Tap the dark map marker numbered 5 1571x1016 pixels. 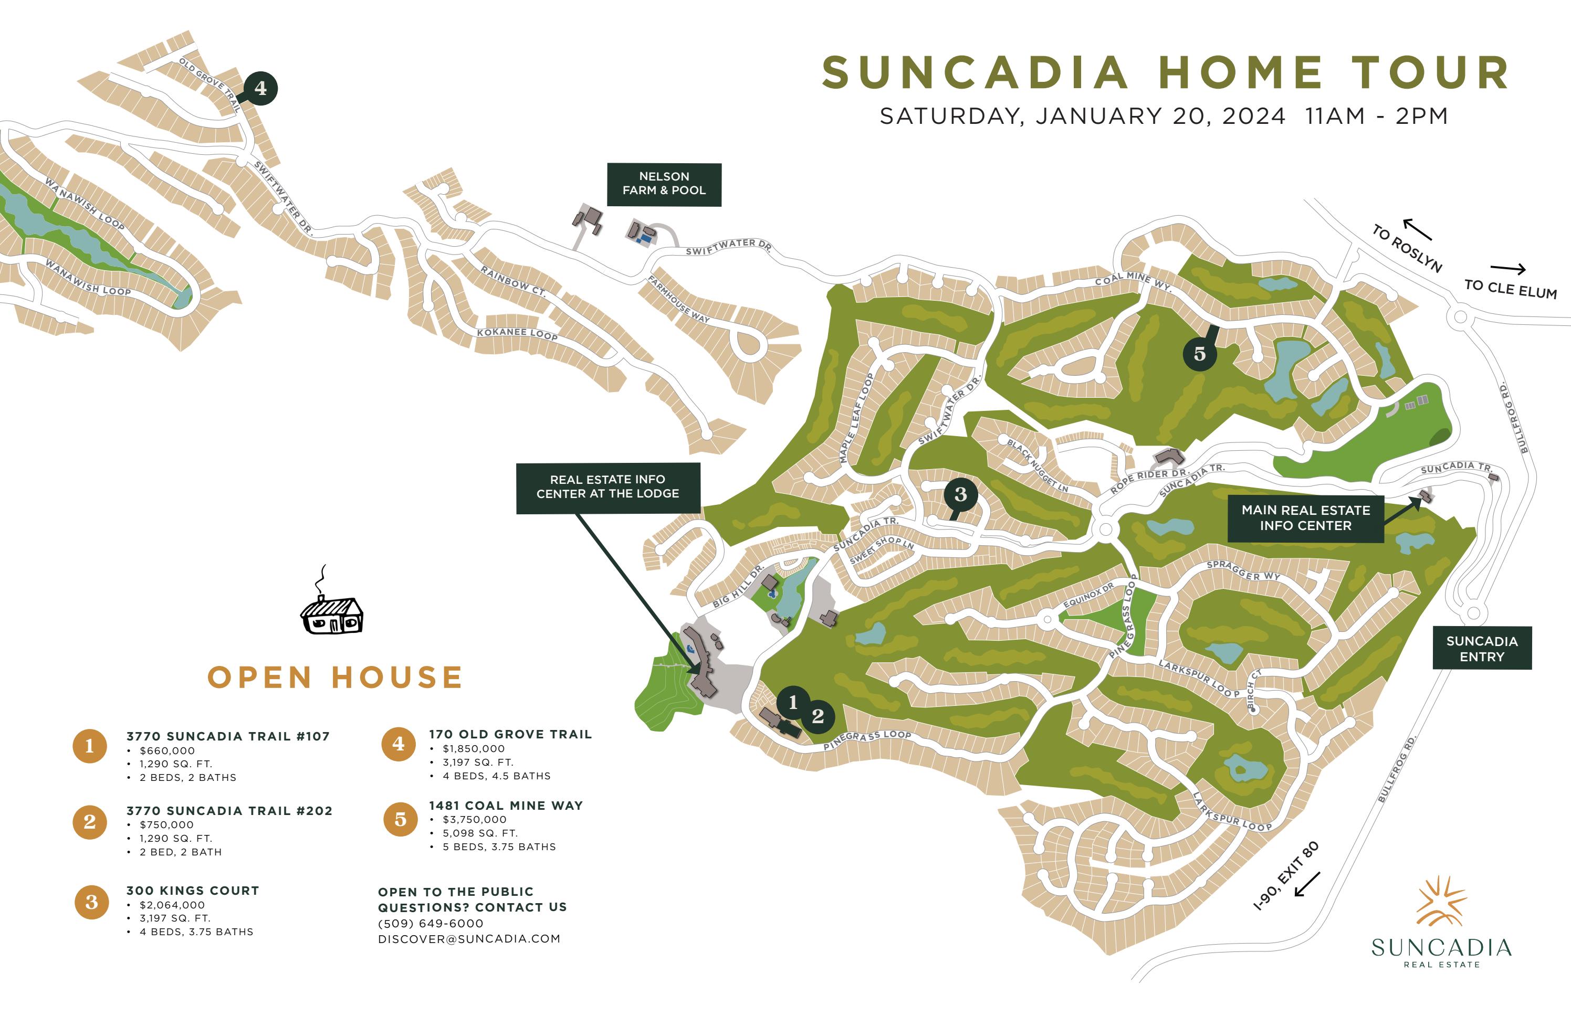pyautogui.click(x=1199, y=354)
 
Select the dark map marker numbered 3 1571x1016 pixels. pyautogui.click(x=960, y=494)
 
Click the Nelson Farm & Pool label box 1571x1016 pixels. pyautogui.click(x=664, y=184)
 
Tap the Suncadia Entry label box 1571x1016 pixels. pyautogui.click(x=1482, y=649)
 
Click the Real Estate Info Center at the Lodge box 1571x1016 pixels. pyautogui.click(x=608, y=487)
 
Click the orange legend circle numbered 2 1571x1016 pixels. pyautogui.click(x=90, y=822)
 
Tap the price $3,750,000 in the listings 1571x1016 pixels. pyautogui.click(x=474, y=819)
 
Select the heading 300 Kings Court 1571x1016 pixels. pyautogui.click(x=193, y=891)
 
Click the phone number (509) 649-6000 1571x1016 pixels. pyautogui.click(x=431, y=923)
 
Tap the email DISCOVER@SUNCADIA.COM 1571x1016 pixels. pyautogui.click(x=469, y=939)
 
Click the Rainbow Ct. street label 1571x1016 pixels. pyautogui.click(x=513, y=281)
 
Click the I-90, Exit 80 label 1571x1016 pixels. pyautogui.click(x=1285, y=876)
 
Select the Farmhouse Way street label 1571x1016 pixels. pyautogui.click(x=678, y=299)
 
